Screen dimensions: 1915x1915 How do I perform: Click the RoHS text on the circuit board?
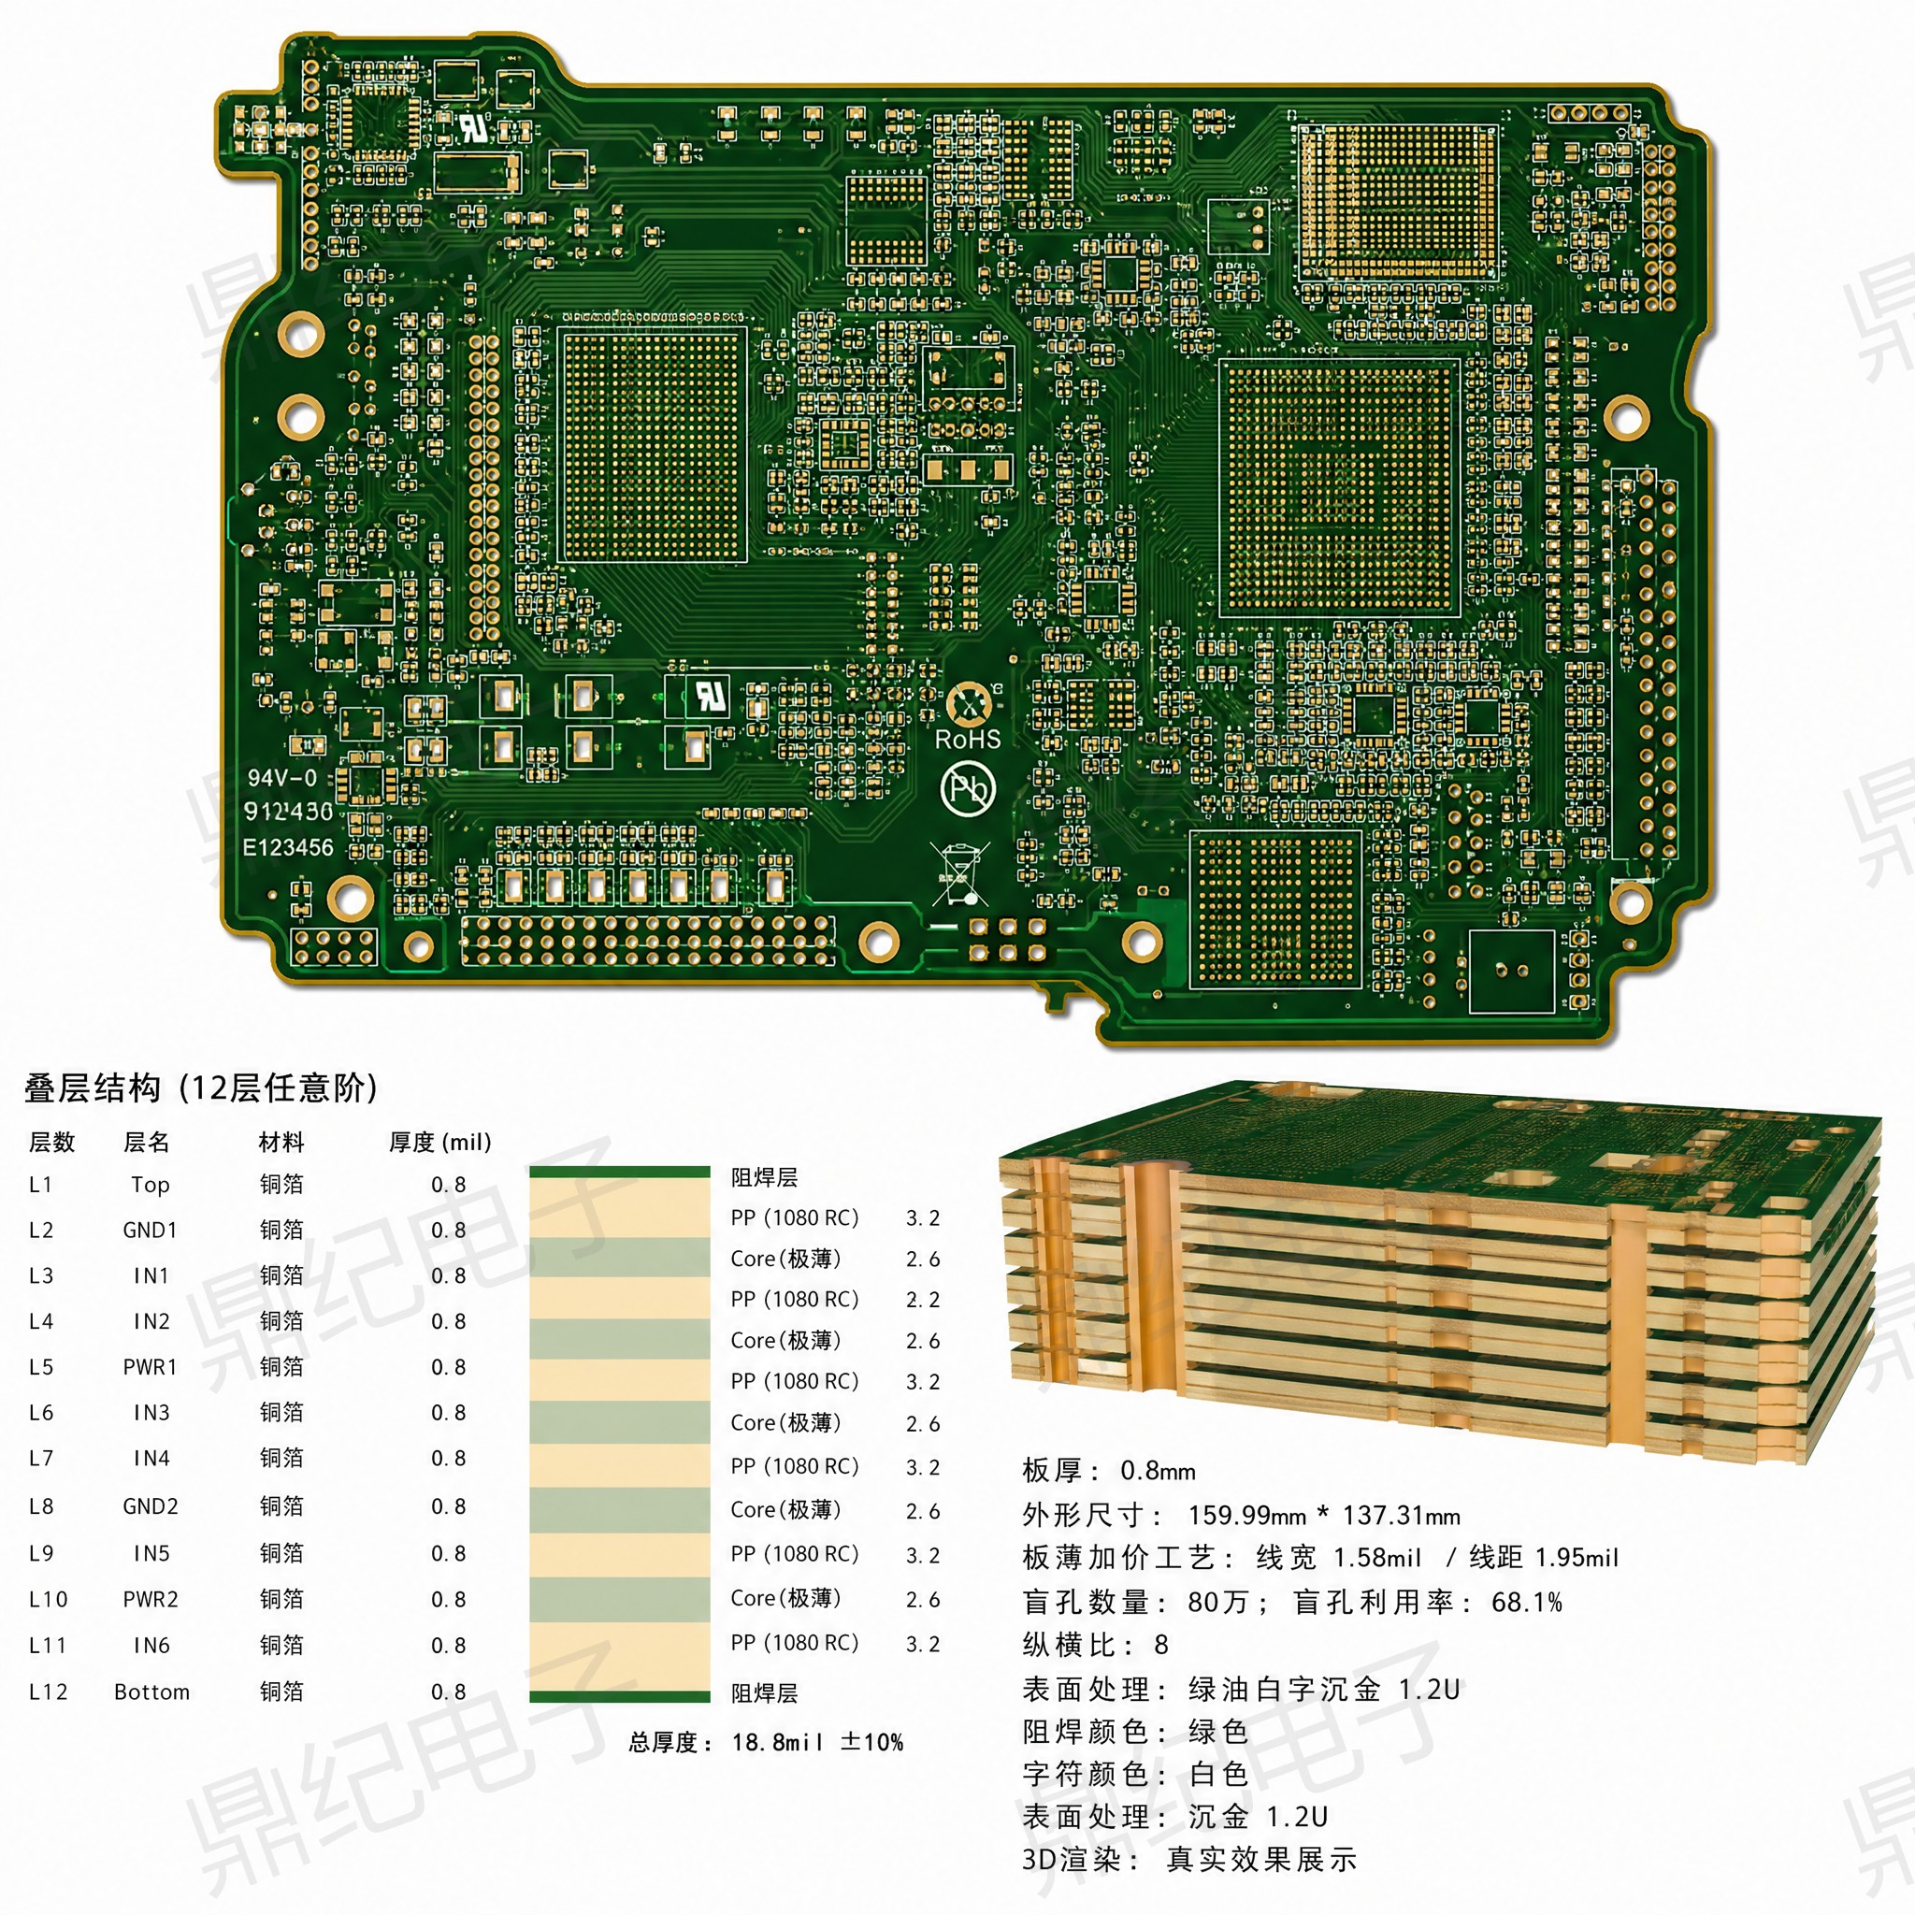(968, 740)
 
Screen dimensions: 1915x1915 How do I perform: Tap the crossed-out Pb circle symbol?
(968, 789)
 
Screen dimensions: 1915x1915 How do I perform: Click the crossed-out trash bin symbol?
(959, 873)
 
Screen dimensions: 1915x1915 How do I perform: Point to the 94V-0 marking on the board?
(282, 778)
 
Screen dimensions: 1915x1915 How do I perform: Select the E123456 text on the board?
(288, 847)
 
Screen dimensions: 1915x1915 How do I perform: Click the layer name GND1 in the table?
(151, 1231)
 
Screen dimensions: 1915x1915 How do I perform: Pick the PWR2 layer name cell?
(151, 1599)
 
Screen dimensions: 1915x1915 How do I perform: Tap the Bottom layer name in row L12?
(151, 1692)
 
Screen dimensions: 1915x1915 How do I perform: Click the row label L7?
(40, 1458)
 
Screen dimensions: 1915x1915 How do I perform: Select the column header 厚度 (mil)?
(440, 1142)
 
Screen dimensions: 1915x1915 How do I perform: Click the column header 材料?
(281, 1142)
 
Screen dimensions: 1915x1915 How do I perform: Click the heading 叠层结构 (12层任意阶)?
(201, 1088)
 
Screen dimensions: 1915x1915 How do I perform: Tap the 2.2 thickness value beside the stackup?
(923, 1300)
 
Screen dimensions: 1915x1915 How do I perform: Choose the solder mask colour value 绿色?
(1218, 1732)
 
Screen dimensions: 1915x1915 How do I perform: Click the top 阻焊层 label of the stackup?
(764, 1177)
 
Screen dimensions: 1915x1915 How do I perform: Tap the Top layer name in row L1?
(151, 1185)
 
